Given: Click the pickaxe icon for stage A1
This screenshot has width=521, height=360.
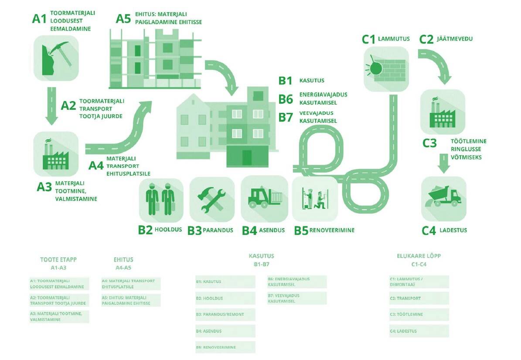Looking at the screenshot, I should (x=56, y=58).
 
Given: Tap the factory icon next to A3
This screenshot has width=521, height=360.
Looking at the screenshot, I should (x=56, y=153).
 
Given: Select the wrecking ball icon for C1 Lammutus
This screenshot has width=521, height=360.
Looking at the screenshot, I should (x=386, y=68).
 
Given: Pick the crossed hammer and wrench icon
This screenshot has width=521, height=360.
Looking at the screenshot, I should (x=211, y=199).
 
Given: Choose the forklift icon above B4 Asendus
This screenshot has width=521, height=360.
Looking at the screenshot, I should (x=264, y=198).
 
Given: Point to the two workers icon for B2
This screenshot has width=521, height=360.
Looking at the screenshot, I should (x=161, y=199).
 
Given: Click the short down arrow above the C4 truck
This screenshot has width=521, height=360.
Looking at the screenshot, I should (x=444, y=165).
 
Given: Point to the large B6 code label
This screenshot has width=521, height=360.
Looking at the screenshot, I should (x=286, y=99).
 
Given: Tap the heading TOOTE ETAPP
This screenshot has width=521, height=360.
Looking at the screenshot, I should (x=58, y=259).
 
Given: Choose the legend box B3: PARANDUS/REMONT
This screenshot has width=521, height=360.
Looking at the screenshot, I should (x=225, y=314).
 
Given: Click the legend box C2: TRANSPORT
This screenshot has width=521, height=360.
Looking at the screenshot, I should (x=419, y=298).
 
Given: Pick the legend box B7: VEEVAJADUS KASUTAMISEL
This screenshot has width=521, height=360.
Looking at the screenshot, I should (x=296, y=298).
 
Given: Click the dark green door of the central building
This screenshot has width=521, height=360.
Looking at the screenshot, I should (x=247, y=157).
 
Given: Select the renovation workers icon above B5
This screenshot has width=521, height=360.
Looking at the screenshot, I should (x=314, y=198).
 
